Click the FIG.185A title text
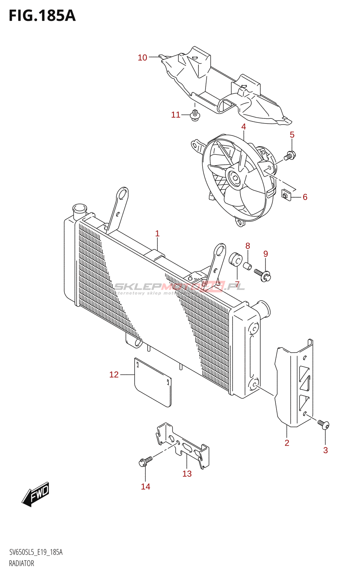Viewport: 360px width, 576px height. click(x=42, y=16)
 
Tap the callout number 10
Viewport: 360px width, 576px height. click(x=143, y=58)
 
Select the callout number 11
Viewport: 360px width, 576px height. click(x=176, y=115)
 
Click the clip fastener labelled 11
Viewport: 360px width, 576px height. click(x=195, y=116)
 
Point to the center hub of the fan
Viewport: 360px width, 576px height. click(x=235, y=178)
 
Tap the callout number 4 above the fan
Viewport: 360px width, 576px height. click(x=244, y=127)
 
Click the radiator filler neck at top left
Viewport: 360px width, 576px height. click(x=80, y=210)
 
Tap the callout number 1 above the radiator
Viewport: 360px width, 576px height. click(x=157, y=234)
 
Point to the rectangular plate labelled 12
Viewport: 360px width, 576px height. click(x=153, y=382)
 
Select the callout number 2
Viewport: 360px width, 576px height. click(x=287, y=443)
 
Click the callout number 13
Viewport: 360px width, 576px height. click(x=187, y=474)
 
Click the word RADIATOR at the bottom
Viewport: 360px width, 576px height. click(x=22, y=563)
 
